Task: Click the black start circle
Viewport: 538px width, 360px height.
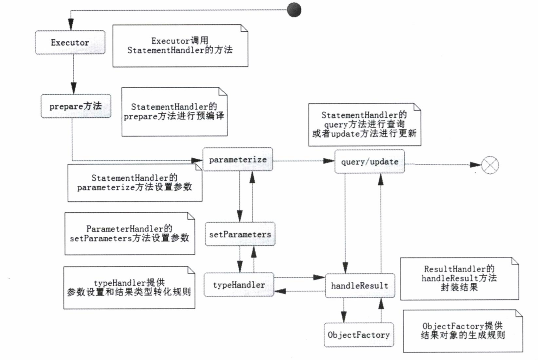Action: pyautogui.click(x=294, y=10)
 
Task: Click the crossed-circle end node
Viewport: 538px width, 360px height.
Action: pyautogui.click(x=490, y=165)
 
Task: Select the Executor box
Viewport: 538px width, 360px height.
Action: pyautogui.click(x=70, y=43)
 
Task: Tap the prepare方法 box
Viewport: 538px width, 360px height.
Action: pyautogui.click(x=76, y=106)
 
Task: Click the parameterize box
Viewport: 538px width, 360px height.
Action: pyautogui.click(x=238, y=159)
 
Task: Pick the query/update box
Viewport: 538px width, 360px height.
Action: pyautogui.click(x=369, y=162)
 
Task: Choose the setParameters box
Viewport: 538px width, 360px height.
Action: pyautogui.click(x=240, y=234)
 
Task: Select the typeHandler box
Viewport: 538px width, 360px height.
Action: pyautogui.click(x=239, y=285)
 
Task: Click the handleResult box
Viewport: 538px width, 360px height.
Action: pyautogui.click(x=360, y=286)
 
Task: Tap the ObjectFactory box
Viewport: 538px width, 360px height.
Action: pyautogui.click(x=359, y=335)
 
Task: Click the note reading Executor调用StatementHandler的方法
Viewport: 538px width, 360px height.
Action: pyautogui.click(x=180, y=46)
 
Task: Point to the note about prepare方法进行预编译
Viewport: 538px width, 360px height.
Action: pyautogui.click(x=174, y=112)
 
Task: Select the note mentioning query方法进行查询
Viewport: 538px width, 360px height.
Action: pyautogui.click(x=365, y=125)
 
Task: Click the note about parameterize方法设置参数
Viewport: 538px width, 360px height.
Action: pyautogui.click(x=134, y=183)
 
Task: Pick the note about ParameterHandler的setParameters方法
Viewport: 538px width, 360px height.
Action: pyautogui.click(x=129, y=234)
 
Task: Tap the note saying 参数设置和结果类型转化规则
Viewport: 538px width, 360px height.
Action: pyautogui.click(x=129, y=288)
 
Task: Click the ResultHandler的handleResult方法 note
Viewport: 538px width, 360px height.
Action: pyautogui.click(x=459, y=278)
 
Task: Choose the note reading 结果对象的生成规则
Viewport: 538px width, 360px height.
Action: pyautogui.click(x=463, y=331)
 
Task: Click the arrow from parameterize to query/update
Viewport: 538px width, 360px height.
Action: pyautogui.click(x=303, y=161)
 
